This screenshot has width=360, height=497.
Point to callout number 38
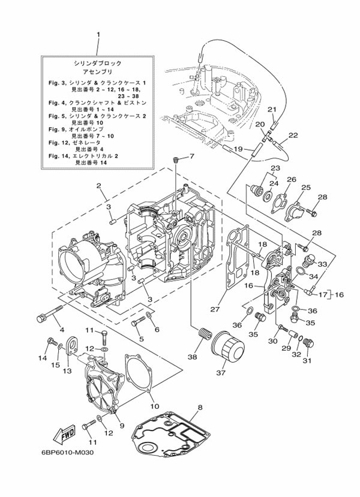pos(192,357)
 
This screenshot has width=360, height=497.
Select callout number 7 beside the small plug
pos(193,156)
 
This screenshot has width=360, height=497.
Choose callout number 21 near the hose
pos(271,110)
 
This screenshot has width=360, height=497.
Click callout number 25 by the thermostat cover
pos(306,188)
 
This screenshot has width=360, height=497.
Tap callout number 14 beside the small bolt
pos(43,358)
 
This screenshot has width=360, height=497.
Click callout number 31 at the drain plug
pos(307,360)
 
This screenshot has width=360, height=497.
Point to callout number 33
pos(322,264)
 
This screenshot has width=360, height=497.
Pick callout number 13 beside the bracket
pos(67,371)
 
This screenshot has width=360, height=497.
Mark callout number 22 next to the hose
pos(293,135)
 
